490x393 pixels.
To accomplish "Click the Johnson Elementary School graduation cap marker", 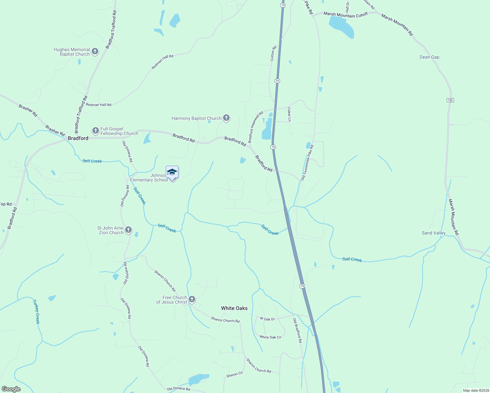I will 172,172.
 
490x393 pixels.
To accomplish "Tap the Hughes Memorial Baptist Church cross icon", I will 95,51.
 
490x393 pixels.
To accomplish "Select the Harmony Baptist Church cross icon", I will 226,118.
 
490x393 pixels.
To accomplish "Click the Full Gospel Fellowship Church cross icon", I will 95,131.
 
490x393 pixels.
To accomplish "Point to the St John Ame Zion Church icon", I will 128,230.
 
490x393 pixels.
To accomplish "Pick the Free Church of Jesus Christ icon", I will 192,299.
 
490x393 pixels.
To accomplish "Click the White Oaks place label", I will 234,308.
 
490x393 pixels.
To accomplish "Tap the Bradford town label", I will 78,138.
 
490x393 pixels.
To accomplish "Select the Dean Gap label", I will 429,57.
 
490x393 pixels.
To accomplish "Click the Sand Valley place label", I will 434,233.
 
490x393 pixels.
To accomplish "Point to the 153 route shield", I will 450,100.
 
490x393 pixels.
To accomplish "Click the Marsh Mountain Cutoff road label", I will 346,15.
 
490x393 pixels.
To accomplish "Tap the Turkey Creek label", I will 36,312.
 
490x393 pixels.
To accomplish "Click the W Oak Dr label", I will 267,319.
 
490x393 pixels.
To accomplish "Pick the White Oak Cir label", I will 270,337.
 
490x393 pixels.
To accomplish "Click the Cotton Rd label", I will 273,53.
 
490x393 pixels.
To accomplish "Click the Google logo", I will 11,389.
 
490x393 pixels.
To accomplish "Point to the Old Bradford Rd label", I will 297,330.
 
